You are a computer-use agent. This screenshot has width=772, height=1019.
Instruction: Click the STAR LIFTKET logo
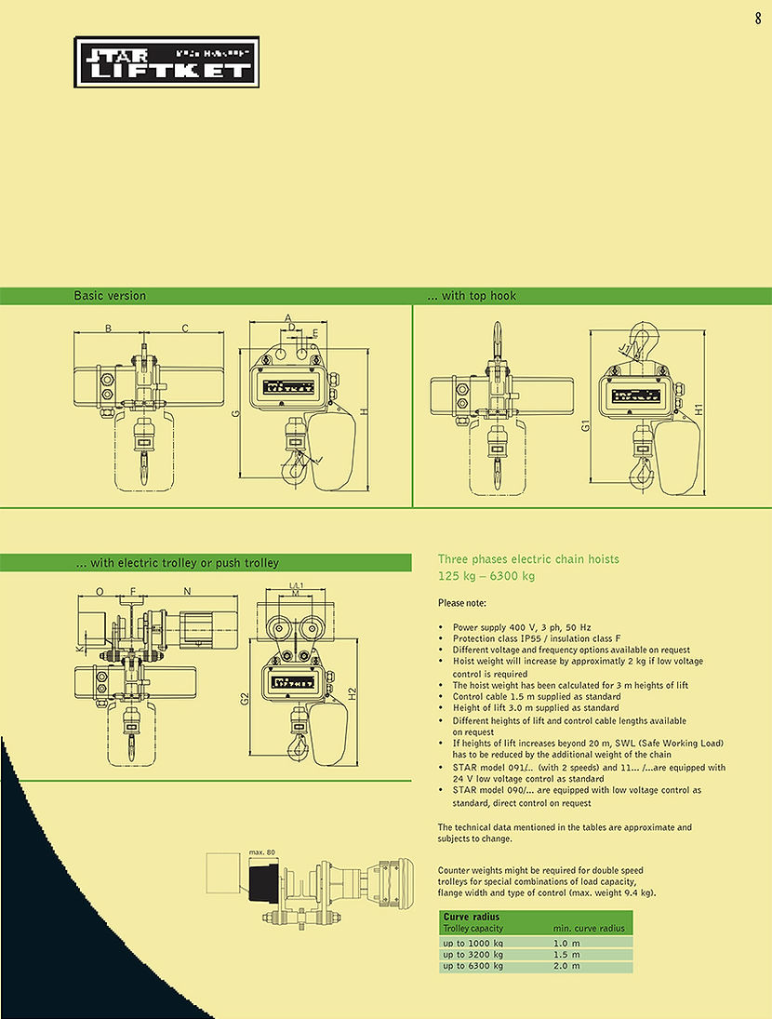(x=166, y=62)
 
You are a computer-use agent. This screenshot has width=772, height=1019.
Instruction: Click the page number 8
(x=758, y=16)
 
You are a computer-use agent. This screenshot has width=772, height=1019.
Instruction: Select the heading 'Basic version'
(x=110, y=296)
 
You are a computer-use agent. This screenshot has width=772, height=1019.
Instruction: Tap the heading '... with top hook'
(x=471, y=296)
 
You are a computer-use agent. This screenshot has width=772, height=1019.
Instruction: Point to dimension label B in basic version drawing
(x=108, y=328)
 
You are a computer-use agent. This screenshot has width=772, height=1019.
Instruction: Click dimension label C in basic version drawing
(x=185, y=328)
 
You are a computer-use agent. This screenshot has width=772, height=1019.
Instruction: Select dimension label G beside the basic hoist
(x=236, y=412)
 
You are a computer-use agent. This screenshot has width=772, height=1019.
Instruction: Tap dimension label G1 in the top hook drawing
(x=586, y=424)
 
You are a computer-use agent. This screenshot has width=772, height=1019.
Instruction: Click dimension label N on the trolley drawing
(x=187, y=591)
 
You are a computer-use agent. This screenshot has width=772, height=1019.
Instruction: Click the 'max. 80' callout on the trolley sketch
(x=263, y=851)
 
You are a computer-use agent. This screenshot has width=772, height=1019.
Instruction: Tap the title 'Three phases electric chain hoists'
(x=527, y=559)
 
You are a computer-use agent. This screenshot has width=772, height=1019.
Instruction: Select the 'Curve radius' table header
(x=472, y=917)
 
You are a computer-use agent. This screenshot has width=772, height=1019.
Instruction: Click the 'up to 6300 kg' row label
(x=473, y=966)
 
